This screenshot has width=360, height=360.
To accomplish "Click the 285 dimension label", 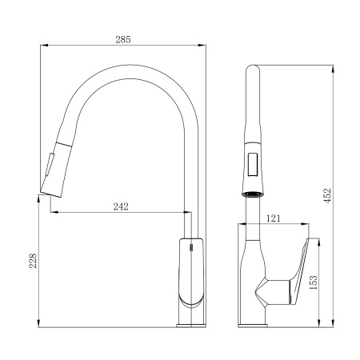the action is tap(123, 40).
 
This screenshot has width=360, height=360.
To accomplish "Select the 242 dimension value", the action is tap(121, 206).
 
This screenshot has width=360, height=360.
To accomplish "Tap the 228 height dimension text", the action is tap(33, 261).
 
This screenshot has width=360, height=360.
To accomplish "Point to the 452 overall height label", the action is tap(327, 196).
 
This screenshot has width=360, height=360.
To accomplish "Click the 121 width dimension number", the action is tap(274, 218).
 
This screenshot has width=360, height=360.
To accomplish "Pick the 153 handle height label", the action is tap(314, 282).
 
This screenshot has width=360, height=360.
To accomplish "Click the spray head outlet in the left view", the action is tap(51, 194).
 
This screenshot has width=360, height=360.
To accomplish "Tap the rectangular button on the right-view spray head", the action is tap(253, 165).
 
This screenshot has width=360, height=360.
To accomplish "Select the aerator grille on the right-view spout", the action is tap(253, 194).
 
